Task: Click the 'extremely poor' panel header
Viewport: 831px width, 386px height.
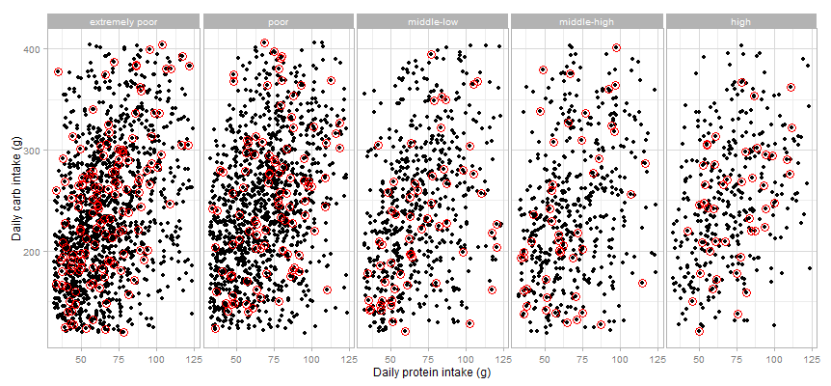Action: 122,21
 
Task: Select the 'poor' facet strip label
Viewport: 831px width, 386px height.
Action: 277,21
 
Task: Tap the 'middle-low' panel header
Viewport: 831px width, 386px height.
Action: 432,21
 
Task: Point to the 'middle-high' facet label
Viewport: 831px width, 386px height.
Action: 586,21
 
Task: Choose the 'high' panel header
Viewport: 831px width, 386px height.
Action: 741,21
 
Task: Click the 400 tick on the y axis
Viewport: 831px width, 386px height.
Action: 32,48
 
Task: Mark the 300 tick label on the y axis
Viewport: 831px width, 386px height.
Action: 32,151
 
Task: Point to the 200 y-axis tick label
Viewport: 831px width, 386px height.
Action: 32,252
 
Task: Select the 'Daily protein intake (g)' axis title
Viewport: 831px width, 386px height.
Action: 432,372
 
